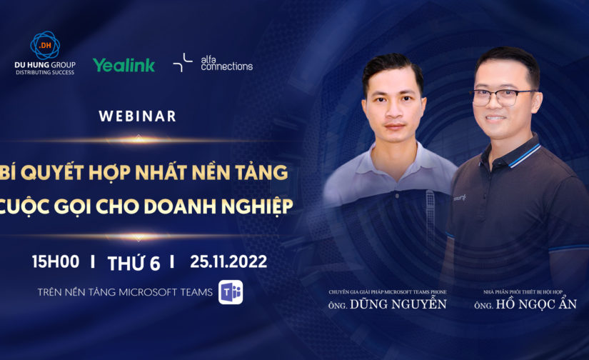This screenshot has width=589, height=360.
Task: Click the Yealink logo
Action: point(124,65)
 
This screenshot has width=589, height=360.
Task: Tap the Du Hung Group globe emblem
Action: point(45,44)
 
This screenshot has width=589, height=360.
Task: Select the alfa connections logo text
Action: point(226,64)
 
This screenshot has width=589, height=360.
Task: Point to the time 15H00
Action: point(55,262)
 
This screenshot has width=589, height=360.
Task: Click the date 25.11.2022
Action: point(228,262)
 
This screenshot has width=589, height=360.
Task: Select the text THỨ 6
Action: point(134,263)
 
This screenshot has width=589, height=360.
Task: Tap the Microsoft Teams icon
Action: point(231,292)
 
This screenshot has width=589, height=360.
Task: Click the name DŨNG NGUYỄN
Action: point(403,305)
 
